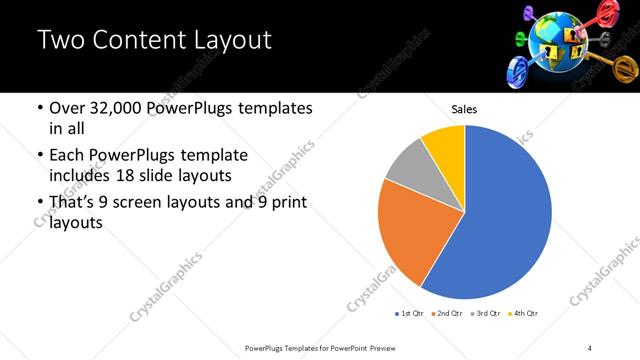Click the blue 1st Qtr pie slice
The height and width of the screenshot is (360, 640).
[x=500, y=220]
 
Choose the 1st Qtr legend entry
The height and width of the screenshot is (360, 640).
[x=409, y=314]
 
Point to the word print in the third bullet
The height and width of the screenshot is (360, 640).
[x=288, y=203]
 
